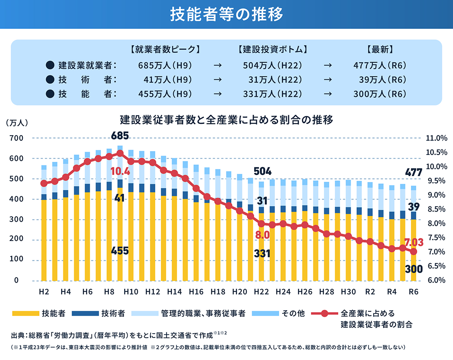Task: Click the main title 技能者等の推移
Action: pos(226,14)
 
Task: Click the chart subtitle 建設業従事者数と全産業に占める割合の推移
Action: pos(226,120)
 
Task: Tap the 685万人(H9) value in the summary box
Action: pos(165,66)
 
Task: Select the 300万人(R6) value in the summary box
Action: pos(380,93)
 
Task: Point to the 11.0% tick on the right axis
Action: pos(436,139)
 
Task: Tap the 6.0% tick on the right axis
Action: pos(436,280)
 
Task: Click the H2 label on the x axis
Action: pos(44,292)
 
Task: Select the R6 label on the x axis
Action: pos(413,292)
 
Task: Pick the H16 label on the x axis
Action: pos(196,292)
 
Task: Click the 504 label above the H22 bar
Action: pos(262,171)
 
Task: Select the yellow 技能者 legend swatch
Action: pos(25,313)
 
